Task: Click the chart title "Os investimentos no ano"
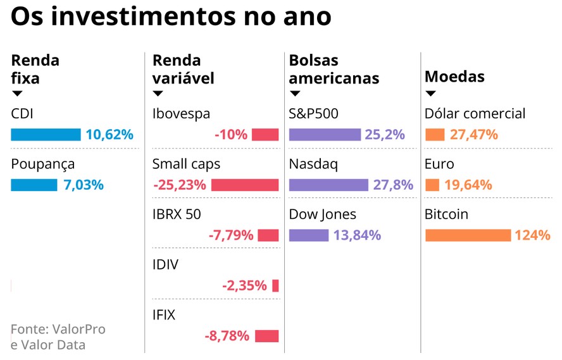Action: (x=171, y=17)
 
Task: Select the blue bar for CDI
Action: (x=46, y=135)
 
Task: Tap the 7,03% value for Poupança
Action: (x=83, y=185)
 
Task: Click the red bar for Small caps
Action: (x=244, y=185)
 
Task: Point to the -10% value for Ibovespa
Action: (x=230, y=135)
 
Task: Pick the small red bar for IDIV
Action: (x=275, y=285)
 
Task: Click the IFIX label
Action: (x=164, y=314)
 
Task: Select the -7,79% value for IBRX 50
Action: (x=231, y=235)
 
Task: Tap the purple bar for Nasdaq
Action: (x=328, y=185)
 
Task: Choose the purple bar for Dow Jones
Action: (x=309, y=235)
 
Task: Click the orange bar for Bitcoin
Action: (x=468, y=235)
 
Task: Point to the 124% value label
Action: (x=533, y=235)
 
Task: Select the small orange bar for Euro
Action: (x=432, y=185)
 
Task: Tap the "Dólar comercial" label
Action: (x=475, y=114)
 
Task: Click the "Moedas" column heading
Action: (x=454, y=77)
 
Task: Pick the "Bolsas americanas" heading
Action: (x=334, y=69)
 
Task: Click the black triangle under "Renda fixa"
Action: (x=17, y=94)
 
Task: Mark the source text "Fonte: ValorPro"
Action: (x=58, y=329)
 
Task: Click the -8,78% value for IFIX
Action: (x=227, y=336)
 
